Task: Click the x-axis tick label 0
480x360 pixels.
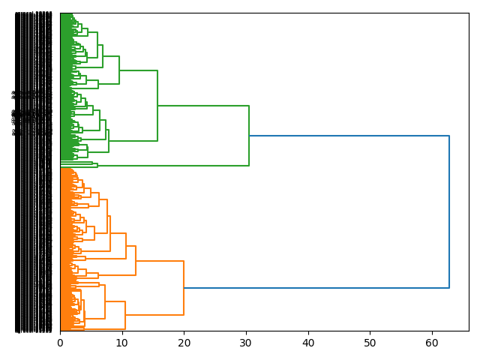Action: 61,343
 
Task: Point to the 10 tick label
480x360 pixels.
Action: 122,343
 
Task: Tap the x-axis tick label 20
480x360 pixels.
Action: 184,343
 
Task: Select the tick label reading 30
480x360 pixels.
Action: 246,343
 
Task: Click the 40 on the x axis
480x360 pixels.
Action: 308,343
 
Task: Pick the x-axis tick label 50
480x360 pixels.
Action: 370,343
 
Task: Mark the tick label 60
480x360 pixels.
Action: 432,343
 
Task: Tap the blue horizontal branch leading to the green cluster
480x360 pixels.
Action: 349,136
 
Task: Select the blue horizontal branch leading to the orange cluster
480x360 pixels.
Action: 315,288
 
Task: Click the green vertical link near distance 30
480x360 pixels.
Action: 249,136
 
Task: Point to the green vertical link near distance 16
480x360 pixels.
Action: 157,106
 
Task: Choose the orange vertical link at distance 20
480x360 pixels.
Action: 184,288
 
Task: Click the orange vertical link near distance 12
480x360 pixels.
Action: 136,260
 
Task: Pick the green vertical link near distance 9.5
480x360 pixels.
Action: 119,70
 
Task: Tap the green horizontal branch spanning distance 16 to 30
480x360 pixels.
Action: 202,106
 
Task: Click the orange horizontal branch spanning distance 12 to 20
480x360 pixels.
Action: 160,261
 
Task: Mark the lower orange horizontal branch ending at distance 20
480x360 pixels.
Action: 154,315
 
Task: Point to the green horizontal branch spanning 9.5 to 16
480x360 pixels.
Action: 139,70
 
